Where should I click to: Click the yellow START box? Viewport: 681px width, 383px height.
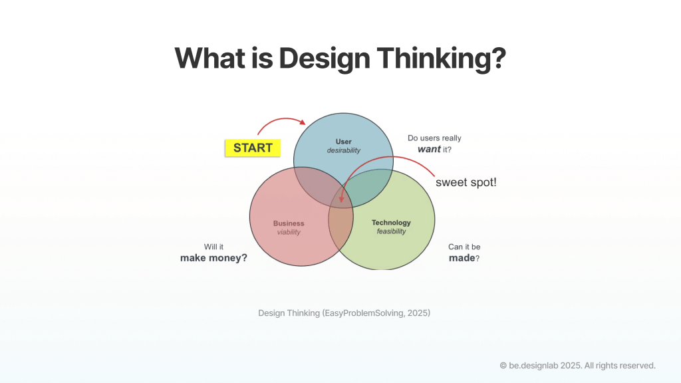click(x=253, y=148)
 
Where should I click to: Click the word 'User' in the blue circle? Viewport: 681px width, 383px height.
click(x=343, y=141)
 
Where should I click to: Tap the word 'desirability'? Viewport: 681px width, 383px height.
click(x=343, y=151)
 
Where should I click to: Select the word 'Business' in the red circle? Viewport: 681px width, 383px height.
click(x=289, y=223)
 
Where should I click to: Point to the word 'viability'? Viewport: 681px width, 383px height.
click(x=289, y=233)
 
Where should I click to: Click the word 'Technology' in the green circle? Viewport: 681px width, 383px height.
click(x=391, y=223)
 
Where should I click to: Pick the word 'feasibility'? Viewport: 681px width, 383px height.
click(x=391, y=232)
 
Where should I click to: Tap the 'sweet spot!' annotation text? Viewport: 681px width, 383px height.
click(x=466, y=182)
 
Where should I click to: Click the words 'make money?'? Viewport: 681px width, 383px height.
click(x=213, y=257)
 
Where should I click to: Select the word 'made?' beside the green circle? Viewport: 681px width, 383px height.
click(x=464, y=257)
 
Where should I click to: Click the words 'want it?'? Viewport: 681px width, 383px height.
click(x=434, y=150)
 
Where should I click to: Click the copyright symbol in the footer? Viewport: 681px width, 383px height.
click(x=503, y=365)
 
